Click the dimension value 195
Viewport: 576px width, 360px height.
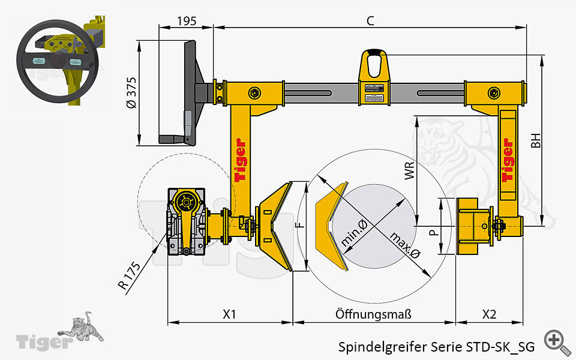click(x=187, y=21)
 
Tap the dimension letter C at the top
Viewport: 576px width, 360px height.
click(x=370, y=20)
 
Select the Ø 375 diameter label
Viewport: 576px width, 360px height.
click(x=132, y=92)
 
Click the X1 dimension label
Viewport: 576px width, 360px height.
click(x=230, y=314)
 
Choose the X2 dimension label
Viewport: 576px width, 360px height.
click(x=489, y=314)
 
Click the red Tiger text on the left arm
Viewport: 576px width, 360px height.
click(x=240, y=160)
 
